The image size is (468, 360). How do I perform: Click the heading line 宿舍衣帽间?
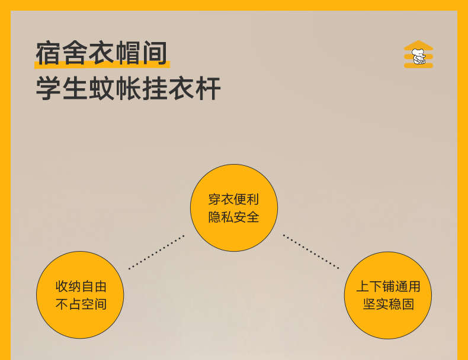coord(101,53)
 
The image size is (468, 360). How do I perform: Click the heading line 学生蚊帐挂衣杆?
coord(129,88)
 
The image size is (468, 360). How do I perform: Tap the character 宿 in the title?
coord(49,53)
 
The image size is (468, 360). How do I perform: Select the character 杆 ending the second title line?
coord(208,88)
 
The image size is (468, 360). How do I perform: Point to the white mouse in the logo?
coord(419,56)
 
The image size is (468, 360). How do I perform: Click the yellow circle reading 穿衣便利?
coord(234,208)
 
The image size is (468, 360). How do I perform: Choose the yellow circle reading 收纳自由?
coord(80,295)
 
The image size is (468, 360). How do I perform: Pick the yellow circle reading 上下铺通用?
coord(388,295)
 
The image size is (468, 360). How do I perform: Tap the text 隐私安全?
coord(233,217)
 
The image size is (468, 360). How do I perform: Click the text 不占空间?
coord(81,304)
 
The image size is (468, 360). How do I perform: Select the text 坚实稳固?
coord(388,304)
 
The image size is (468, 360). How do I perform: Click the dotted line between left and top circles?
coord(156,252)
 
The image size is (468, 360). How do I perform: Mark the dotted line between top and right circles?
coord(311,252)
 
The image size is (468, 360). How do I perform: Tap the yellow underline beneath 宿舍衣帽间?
coord(102,65)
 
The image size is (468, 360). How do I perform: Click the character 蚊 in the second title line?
coord(101,88)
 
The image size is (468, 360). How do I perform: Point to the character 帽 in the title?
coord(128,53)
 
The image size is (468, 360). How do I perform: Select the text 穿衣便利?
coord(233,199)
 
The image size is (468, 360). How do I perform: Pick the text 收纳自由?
coord(81,287)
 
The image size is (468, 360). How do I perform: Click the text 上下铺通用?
coord(388,287)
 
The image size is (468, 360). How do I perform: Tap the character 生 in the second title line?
coord(75,88)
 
